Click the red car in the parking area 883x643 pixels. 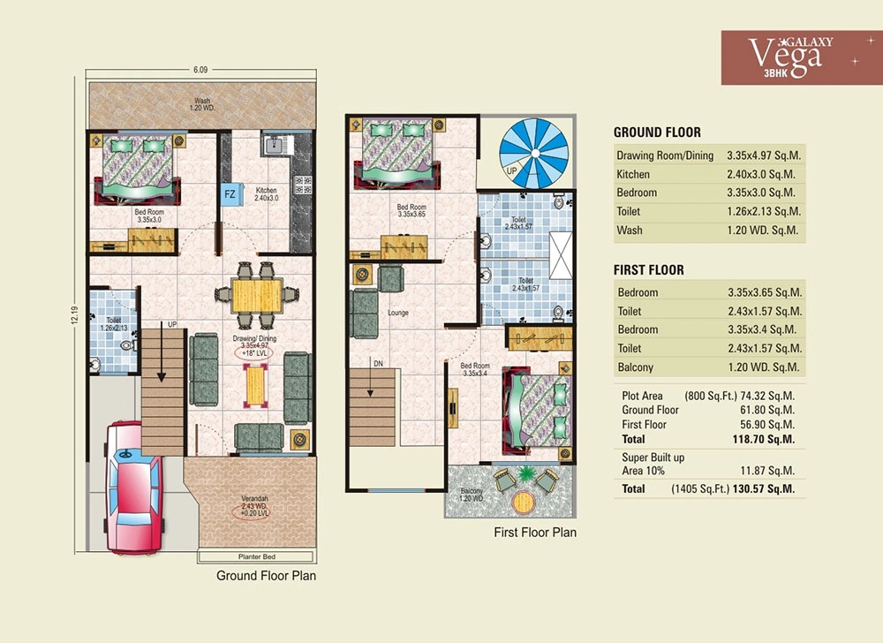point(133,488)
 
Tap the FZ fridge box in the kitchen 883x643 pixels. point(230,194)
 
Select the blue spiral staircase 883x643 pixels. point(534,153)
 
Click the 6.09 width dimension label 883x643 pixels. point(200,70)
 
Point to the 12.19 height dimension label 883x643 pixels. point(75,314)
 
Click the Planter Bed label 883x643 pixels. point(257,556)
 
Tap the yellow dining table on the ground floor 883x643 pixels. point(256,296)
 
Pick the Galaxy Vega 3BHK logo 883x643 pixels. point(802,57)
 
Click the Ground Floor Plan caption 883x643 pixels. point(267,576)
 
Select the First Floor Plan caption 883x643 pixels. point(535,532)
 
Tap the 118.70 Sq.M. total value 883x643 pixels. point(764,439)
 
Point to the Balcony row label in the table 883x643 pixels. point(635,367)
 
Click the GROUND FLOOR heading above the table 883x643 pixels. point(657,132)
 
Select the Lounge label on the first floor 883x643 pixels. point(398,313)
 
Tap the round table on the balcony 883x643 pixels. point(524,503)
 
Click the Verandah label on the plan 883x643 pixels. point(254,498)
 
